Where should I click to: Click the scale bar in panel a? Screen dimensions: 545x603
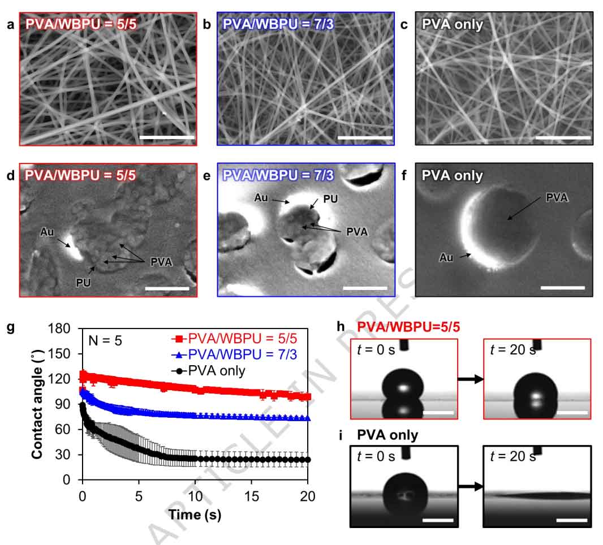[166, 137]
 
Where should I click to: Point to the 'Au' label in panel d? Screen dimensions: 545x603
[46, 232]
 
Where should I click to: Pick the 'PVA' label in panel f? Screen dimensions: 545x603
[557, 197]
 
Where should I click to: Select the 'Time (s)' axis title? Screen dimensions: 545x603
[195, 514]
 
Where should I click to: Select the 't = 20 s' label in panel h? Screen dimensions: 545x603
[512, 349]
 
